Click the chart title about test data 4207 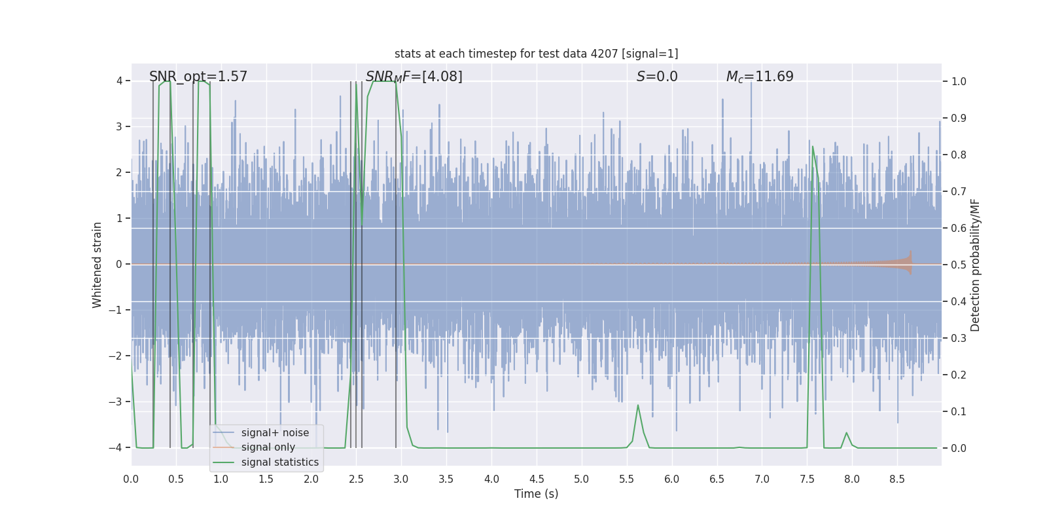536,54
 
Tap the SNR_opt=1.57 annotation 198,77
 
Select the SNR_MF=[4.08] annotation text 414,77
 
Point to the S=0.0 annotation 657,77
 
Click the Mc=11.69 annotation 760,77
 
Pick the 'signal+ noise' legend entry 275,433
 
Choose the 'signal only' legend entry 268,447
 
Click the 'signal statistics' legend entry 279,462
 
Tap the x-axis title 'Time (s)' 536,494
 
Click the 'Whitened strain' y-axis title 98,265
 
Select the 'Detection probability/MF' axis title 975,265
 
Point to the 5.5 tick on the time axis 626,479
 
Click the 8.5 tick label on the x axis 896,479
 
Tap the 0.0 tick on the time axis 131,479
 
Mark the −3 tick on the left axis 118,402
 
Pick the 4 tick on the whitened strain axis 120,81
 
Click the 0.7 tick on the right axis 959,191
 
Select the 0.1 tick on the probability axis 959,411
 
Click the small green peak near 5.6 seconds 638,406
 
